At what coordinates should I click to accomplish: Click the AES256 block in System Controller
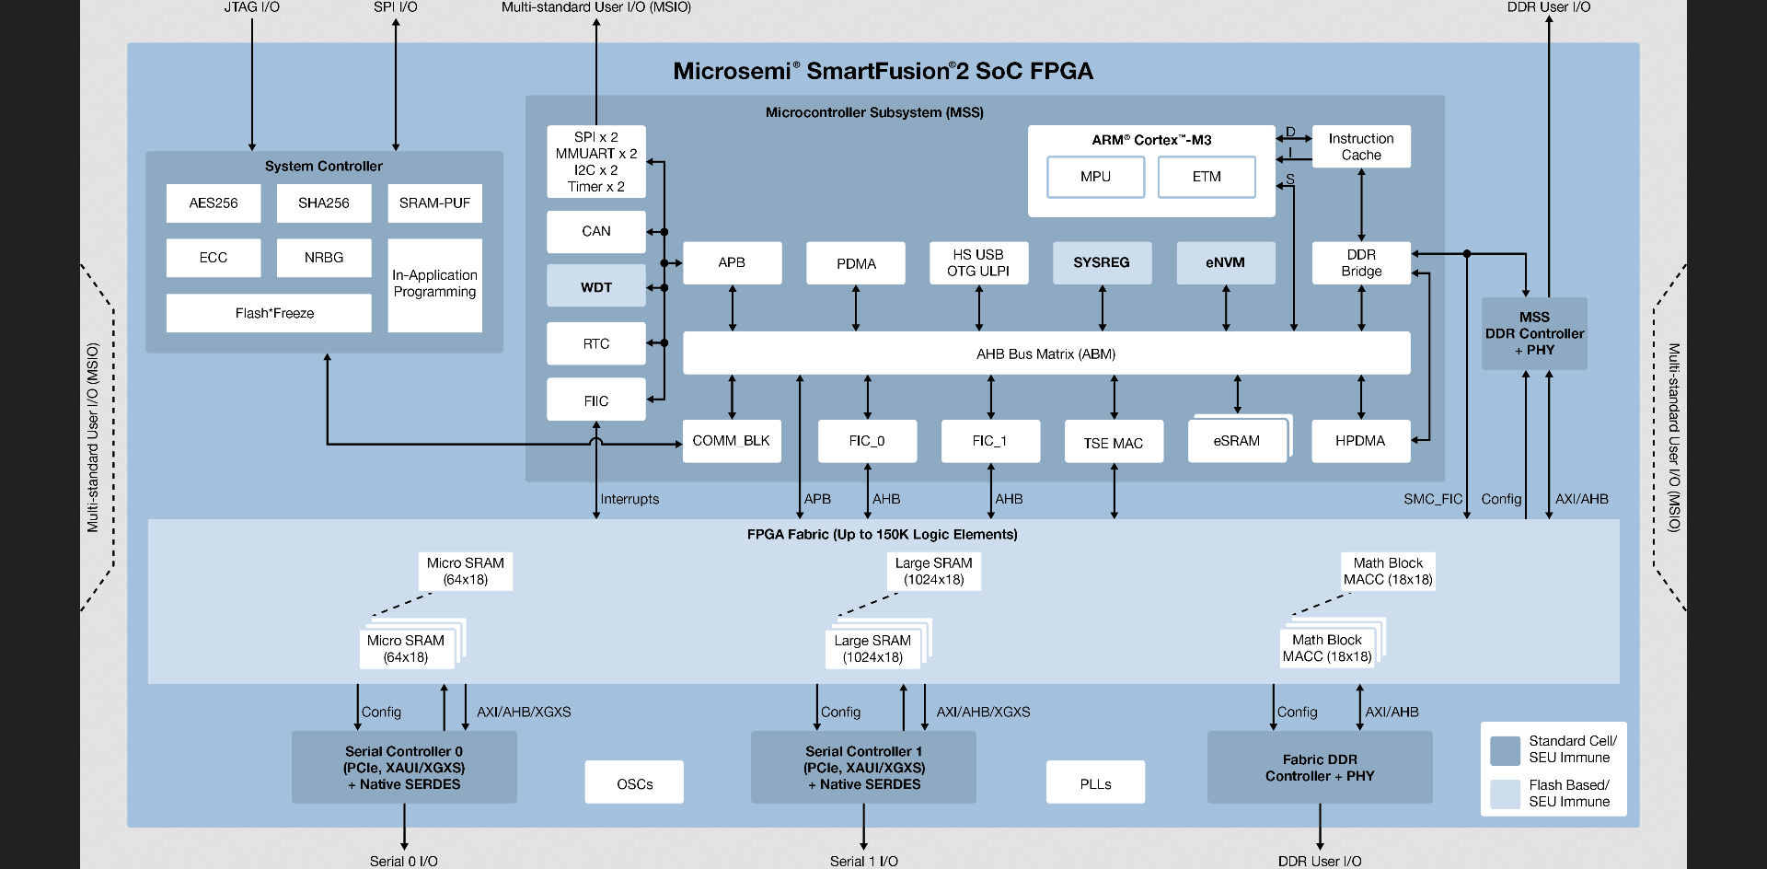click(214, 203)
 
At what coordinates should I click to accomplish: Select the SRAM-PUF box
click(434, 203)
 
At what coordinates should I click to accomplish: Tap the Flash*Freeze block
click(269, 313)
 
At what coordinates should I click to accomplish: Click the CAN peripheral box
click(596, 232)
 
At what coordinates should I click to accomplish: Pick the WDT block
click(596, 286)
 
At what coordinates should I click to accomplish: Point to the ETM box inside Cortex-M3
click(1207, 177)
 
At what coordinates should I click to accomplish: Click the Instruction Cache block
click(1361, 147)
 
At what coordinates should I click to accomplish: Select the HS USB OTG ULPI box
click(978, 263)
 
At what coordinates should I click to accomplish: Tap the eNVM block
click(1225, 263)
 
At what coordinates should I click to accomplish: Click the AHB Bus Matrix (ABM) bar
click(1045, 353)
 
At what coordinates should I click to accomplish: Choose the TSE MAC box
click(1114, 442)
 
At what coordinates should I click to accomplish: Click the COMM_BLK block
click(732, 441)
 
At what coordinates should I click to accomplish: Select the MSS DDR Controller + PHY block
click(1534, 333)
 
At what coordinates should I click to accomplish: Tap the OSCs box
click(634, 782)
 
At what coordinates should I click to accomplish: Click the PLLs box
click(1095, 782)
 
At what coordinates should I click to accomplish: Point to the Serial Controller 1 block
click(863, 768)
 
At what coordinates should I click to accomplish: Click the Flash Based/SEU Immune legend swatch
click(1505, 794)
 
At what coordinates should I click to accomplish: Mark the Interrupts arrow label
click(629, 499)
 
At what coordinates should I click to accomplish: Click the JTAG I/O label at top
click(251, 7)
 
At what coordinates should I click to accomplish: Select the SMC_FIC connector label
click(1432, 499)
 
